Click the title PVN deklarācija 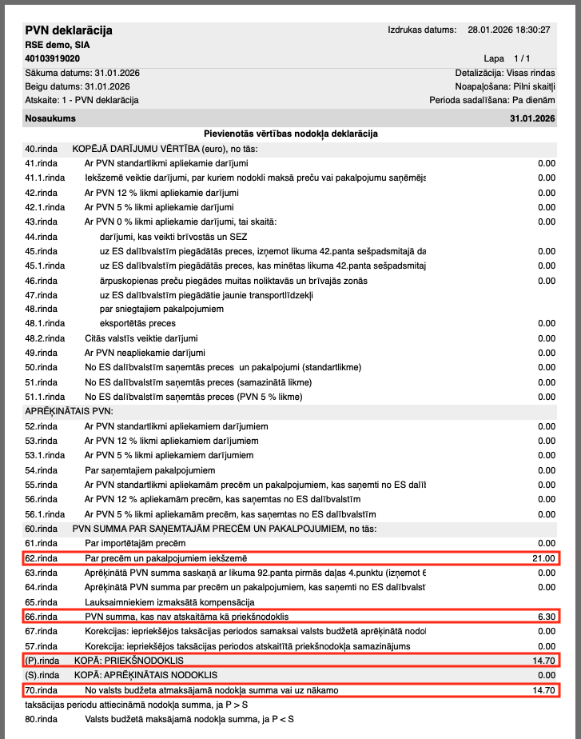pyautogui.click(x=69, y=30)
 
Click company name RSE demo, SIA pyautogui.click(x=58, y=45)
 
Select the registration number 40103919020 pyautogui.click(x=53, y=58)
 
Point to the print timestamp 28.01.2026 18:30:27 pyautogui.click(x=510, y=30)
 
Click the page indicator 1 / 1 pyautogui.click(x=523, y=58)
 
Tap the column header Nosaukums pyautogui.click(x=50, y=118)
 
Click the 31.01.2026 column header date pyautogui.click(x=532, y=118)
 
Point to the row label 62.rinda pyautogui.click(x=42, y=557)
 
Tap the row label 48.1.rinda pyautogui.click(x=45, y=323)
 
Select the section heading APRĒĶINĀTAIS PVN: pyautogui.click(x=70, y=411)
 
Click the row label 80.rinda pyautogui.click(x=42, y=719)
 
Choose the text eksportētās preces pyautogui.click(x=137, y=323)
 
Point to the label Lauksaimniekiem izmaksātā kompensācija pyautogui.click(x=169, y=601)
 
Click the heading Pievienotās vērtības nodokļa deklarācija pyautogui.click(x=291, y=134)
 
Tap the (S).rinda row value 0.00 pyautogui.click(x=547, y=675)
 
